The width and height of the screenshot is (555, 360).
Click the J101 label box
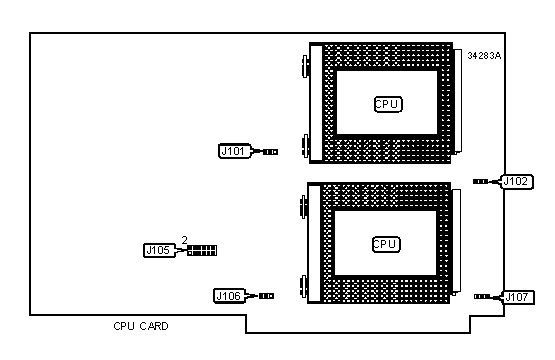234,151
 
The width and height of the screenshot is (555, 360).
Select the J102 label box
517,182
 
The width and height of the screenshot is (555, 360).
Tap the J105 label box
159,251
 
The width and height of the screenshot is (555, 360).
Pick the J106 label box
229,296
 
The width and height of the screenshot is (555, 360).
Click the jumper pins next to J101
270,152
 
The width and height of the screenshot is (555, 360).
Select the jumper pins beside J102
480,182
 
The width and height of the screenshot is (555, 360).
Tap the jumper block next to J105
202,251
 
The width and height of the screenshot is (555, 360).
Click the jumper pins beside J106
266,296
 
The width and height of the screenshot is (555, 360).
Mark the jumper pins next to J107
482,297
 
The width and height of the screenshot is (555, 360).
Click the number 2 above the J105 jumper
184,240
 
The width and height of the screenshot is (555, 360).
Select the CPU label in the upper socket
388,104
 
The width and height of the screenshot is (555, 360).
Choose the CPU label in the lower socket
386,244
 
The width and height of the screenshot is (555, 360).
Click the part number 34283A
484,56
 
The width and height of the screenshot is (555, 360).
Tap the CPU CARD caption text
141,326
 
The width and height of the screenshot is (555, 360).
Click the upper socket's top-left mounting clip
305,66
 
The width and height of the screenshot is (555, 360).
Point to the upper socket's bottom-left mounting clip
305,145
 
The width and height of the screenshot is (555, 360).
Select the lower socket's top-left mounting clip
303,206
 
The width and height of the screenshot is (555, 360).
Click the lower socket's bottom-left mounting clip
303,286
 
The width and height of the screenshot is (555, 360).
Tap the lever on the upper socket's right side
458,102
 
